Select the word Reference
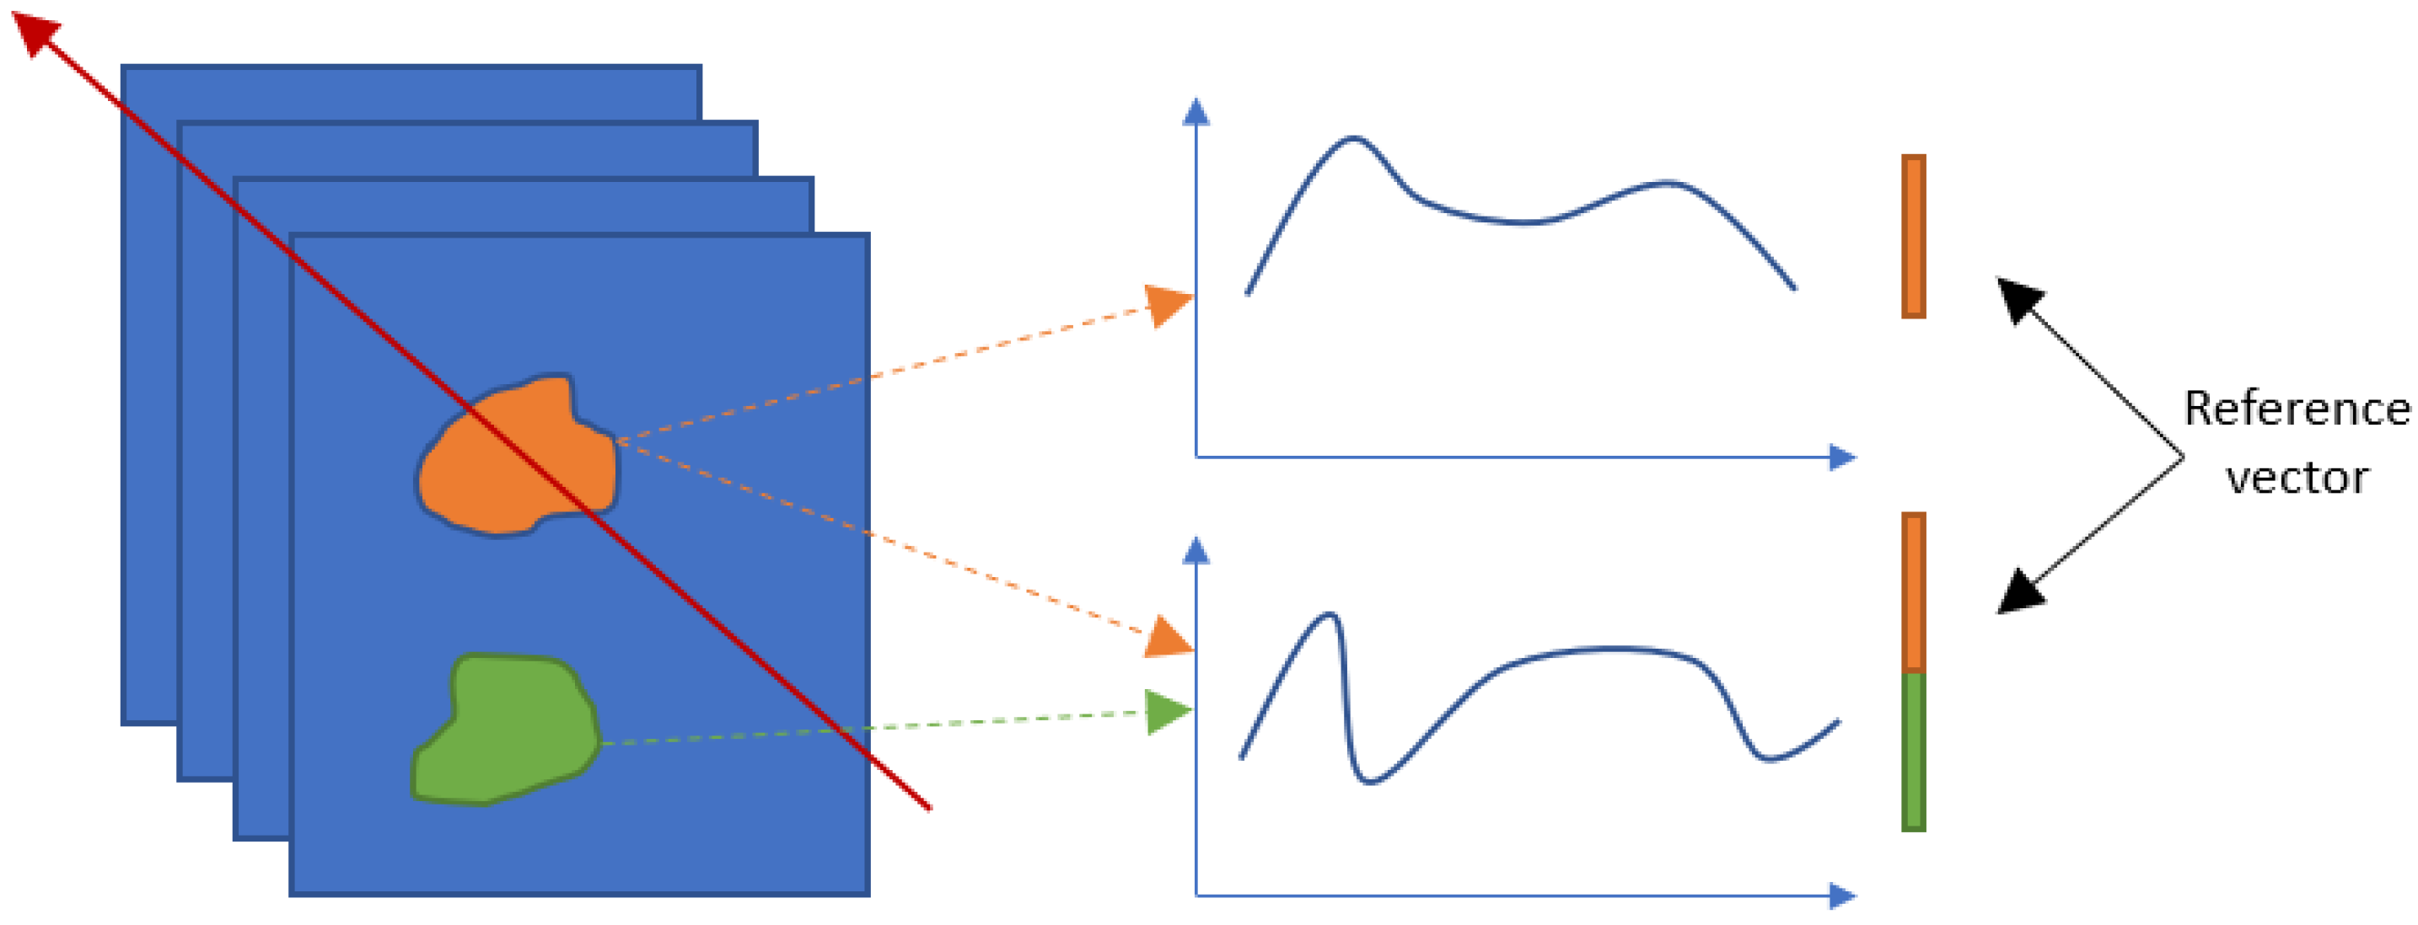(x=2296, y=409)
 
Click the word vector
(x=2296, y=479)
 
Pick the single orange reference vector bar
(x=1914, y=237)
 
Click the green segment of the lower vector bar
(x=1914, y=751)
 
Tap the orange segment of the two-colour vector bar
(x=1914, y=593)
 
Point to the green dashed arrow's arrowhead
(x=1168, y=712)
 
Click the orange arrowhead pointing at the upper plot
(x=1169, y=304)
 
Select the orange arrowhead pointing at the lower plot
(x=1168, y=638)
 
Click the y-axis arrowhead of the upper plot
(x=1196, y=112)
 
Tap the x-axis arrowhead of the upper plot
(x=1843, y=457)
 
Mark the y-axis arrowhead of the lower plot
(x=1196, y=551)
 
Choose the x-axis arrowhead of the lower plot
(x=1843, y=896)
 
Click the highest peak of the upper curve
(x=1352, y=139)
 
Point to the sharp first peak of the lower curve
(x=1330, y=616)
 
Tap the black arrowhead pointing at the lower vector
(x=2019, y=593)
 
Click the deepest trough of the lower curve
(x=1369, y=782)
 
